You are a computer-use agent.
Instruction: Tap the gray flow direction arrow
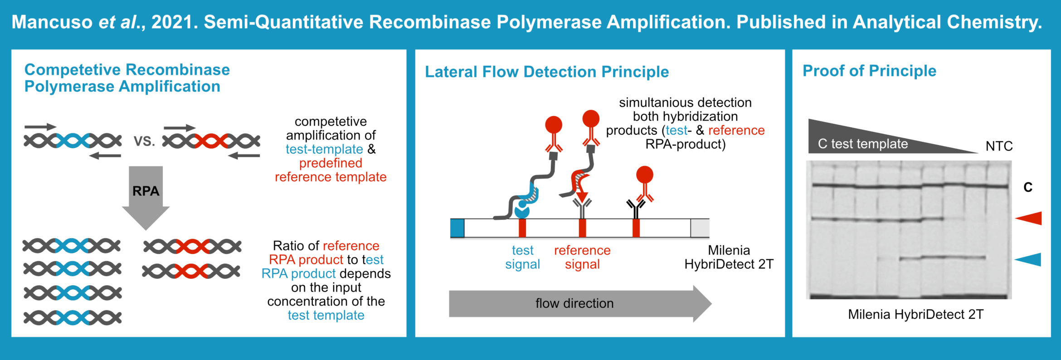click(574, 303)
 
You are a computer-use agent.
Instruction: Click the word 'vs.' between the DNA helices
click(144, 141)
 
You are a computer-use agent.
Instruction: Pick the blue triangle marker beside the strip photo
click(1029, 259)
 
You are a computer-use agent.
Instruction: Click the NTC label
click(999, 146)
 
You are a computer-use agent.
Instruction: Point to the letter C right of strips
click(1028, 187)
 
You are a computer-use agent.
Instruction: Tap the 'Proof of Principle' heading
click(869, 71)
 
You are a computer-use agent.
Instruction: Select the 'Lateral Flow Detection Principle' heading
click(546, 72)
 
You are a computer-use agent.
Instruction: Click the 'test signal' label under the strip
click(522, 257)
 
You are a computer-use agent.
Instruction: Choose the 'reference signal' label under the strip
click(582, 257)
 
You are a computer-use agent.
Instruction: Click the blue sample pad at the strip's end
click(457, 228)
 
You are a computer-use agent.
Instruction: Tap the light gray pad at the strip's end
click(700, 228)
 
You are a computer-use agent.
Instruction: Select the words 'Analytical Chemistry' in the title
click(946, 22)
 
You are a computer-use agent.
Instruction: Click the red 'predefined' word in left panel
click(331, 163)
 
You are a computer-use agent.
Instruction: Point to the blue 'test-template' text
click(324, 149)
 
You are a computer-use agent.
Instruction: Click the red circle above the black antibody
click(644, 175)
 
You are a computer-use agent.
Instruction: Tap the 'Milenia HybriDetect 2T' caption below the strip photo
click(915, 314)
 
